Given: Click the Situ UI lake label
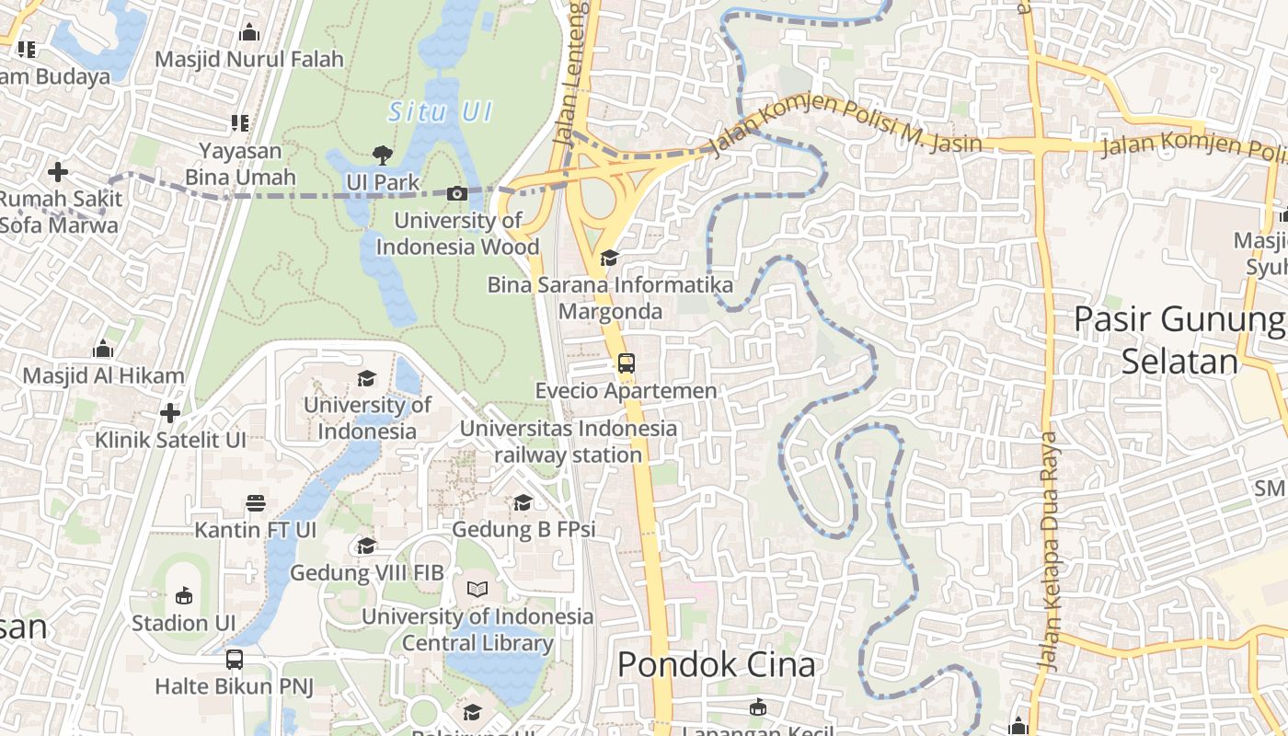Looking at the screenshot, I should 441,112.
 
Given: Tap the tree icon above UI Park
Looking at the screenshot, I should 382,155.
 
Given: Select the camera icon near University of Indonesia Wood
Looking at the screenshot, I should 456,193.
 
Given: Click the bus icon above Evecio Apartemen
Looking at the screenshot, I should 626,363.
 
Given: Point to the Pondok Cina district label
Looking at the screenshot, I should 716,664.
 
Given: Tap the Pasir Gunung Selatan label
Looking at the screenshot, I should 1179,340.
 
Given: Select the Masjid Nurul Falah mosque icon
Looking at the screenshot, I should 248,33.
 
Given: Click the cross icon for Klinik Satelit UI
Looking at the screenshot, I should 170,413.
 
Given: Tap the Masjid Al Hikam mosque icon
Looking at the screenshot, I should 103,349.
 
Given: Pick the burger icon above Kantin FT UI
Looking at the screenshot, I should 256,503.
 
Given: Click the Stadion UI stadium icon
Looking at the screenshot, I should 184,595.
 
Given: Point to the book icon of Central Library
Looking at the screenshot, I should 477,589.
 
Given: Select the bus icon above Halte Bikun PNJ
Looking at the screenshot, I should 235,659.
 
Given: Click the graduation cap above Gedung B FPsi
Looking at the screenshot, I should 523,502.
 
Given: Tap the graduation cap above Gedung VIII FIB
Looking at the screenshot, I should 366,546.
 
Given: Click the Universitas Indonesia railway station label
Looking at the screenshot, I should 569,442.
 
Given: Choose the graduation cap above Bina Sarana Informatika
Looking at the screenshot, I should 609,258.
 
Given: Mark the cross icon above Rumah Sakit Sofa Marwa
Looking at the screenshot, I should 58,172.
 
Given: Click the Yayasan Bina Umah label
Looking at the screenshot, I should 240,164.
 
